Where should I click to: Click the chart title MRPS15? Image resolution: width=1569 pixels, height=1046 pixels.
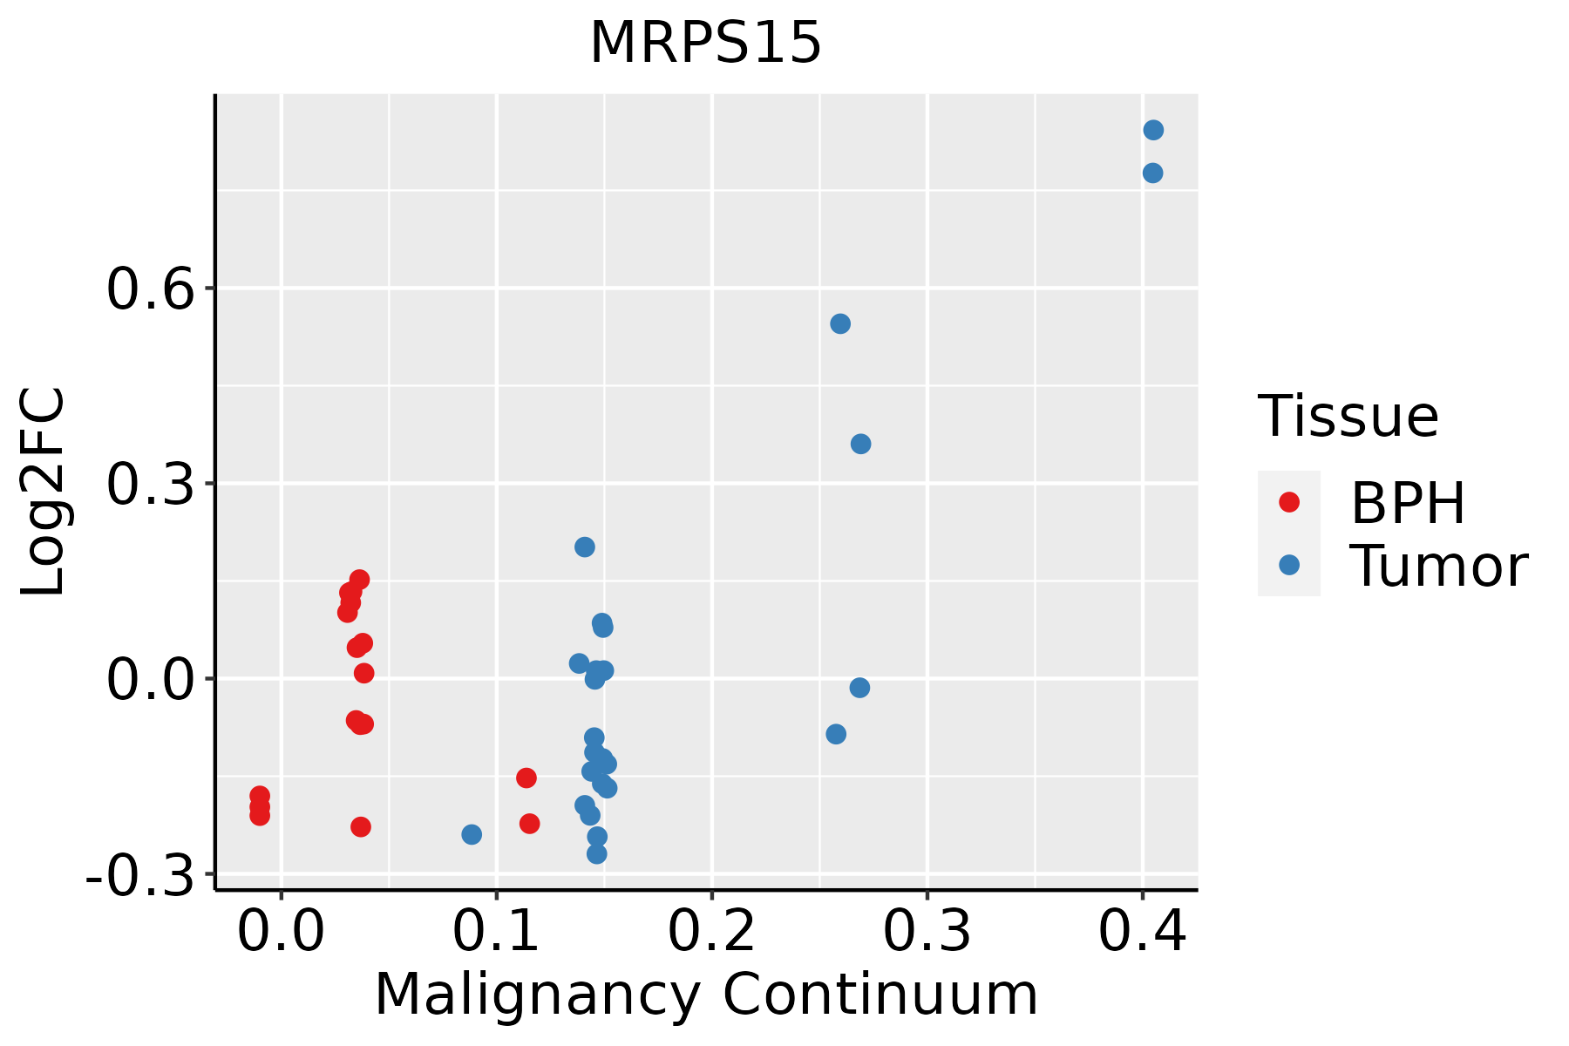(x=705, y=44)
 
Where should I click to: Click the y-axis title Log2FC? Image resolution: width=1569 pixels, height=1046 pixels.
(x=44, y=492)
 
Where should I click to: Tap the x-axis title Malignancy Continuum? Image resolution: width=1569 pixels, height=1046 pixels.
(x=706, y=995)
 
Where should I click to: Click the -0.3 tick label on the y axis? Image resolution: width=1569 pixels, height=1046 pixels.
(x=139, y=875)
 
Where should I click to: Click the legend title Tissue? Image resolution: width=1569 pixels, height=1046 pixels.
(x=1348, y=417)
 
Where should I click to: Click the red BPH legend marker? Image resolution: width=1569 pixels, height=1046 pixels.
(x=1288, y=502)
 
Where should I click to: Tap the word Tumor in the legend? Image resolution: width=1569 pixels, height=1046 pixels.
(x=1438, y=567)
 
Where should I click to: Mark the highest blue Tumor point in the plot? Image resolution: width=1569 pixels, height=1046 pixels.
(x=1153, y=131)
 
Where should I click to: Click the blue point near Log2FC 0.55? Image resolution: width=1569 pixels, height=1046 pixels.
(x=840, y=324)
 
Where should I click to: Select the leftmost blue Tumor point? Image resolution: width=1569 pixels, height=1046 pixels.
(x=472, y=835)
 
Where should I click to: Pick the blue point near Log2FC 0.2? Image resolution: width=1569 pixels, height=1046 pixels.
(x=585, y=547)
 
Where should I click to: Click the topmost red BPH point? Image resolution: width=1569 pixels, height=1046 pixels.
(x=359, y=580)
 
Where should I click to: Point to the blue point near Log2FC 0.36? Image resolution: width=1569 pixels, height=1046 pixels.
(x=860, y=445)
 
